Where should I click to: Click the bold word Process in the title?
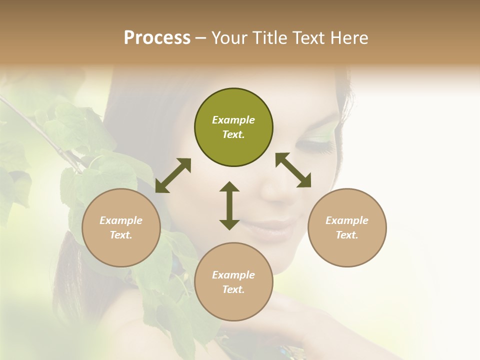pos(157,38)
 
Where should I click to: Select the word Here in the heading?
pos(349,38)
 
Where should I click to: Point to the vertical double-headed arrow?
pos(229,205)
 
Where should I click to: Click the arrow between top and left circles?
pos(173,175)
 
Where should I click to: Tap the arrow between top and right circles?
pos(293,170)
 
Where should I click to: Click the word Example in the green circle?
pos(233,120)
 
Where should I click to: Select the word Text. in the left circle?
pos(121,235)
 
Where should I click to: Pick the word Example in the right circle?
pos(347,220)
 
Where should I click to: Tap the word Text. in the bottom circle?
pos(233,289)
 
